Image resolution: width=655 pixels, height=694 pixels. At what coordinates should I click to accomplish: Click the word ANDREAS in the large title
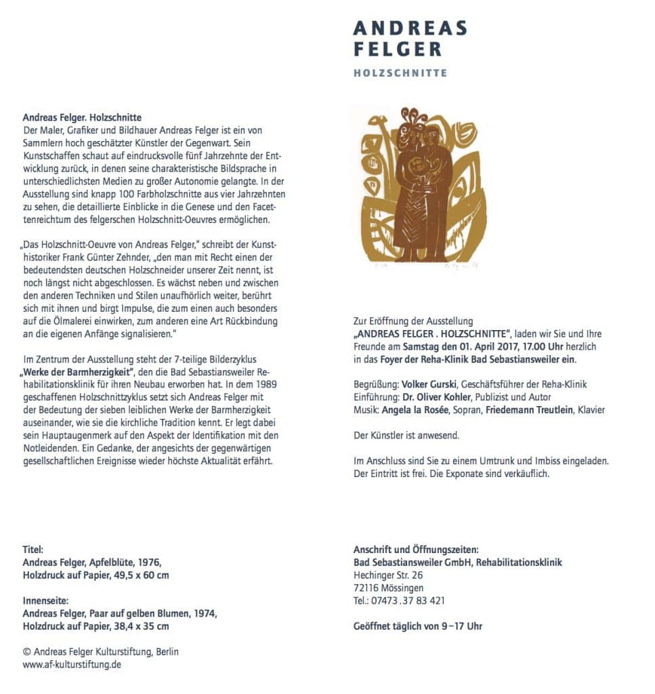pos(410,28)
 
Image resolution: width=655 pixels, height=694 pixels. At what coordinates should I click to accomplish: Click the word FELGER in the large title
pos(398,49)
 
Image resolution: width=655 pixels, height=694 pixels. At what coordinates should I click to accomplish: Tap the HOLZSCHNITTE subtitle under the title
pos(400,73)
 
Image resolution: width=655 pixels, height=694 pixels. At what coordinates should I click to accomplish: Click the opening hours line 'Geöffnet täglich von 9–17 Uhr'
pos(417,626)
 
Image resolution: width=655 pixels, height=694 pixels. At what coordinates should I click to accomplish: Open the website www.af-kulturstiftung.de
pos(72,665)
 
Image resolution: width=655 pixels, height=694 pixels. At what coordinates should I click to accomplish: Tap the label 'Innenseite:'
pos(45,600)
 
